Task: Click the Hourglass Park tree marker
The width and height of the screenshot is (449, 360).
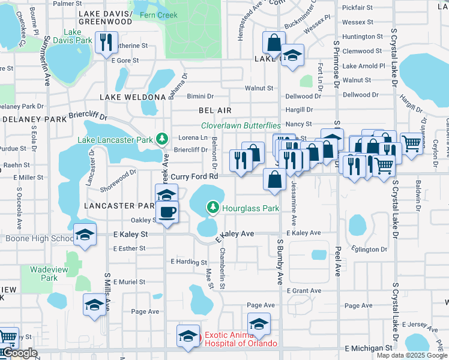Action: [x=212, y=208]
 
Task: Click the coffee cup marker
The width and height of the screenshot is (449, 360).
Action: [x=167, y=212]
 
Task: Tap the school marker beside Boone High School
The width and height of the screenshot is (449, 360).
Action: [x=85, y=235]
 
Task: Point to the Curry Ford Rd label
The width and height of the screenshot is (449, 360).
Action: [x=194, y=176]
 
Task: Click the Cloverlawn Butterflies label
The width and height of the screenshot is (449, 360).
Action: [x=241, y=125]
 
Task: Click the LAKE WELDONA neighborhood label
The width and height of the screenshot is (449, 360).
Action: [x=132, y=97]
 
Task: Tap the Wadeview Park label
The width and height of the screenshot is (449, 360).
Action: [x=40, y=274]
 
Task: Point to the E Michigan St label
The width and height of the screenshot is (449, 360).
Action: [x=369, y=348]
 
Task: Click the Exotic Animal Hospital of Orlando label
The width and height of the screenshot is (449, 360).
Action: [x=241, y=339]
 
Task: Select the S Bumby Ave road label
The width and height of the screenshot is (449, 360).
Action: [x=280, y=261]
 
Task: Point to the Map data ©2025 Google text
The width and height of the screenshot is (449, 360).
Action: [x=411, y=355]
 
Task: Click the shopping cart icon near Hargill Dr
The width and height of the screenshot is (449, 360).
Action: [x=411, y=143]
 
